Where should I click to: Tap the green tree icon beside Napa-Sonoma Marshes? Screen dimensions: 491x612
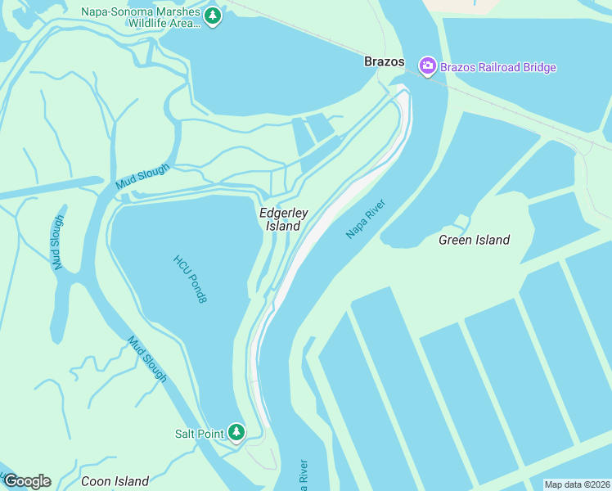(x=213, y=16)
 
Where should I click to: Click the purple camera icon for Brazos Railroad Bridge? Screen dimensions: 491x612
(x=427, y=67)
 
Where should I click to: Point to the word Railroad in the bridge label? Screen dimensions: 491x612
(x=502, y=67)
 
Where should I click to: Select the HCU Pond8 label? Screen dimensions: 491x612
(x=191, y=279)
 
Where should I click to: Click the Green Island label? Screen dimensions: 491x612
(x=474, y=240)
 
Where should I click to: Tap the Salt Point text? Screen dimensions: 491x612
(x=199, y=434)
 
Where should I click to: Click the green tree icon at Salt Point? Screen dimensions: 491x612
(x=236, y=431)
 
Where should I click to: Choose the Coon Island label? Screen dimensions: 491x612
(x=115, y=481)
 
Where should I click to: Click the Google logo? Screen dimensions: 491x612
(x=26, y=481)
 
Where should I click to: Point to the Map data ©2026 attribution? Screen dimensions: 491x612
(x=577, y=484)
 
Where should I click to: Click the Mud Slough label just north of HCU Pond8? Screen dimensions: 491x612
(x=142, y=177)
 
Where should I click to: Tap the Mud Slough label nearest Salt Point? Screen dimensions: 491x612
(x=147, y=358)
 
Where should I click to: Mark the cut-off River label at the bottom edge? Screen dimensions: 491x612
(x=303, y=475)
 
